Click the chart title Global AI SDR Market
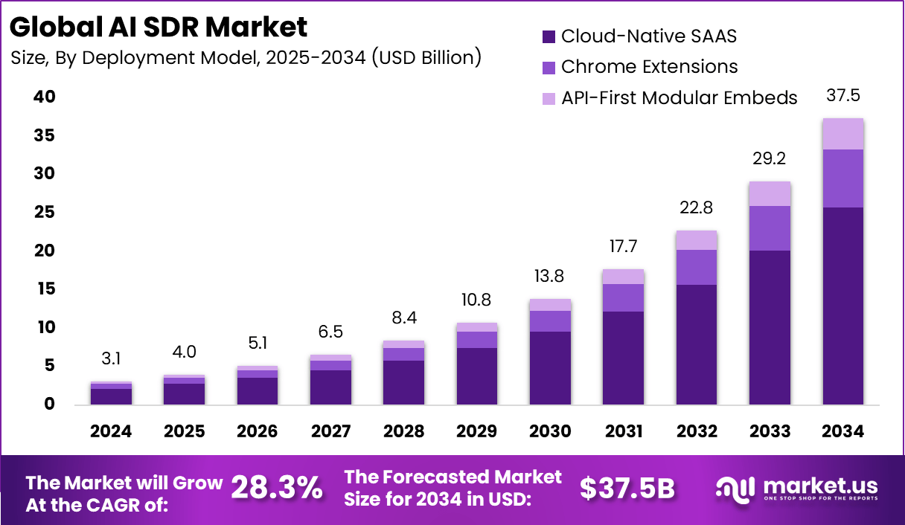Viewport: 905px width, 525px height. pyautogui.click(x=159, y=27)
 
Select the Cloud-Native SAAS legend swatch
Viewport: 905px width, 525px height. pyautogui.click(x=549, y=36)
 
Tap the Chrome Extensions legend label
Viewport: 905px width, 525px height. pyautogui.click(x=649, y=66)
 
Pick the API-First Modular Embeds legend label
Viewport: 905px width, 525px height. pyautogui.click(x=679, y=97)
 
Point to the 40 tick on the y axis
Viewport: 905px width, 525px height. pyautogui.click(x=44, y=97)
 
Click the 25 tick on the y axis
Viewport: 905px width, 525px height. pyautogui.click(x=44, y=212)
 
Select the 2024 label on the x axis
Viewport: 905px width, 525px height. pyautogui.click(x=112, y=431)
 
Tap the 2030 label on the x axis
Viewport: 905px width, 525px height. pyautogui.click(x=550, y=431)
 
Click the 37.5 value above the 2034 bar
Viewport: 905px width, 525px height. pyautogui.click(x=843, y=96)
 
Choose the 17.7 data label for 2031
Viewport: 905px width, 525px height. pyautogui.click(x=623, y=246)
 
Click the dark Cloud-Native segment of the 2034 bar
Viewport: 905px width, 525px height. pyautogui.click(x=843, y=305)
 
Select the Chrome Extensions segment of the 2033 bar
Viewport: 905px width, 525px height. pyautogui.click(x=770, y=228)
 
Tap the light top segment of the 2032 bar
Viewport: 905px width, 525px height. pyautogui.click(x=697, y=239)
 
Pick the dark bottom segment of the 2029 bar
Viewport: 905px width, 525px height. pyautogui.click(x=477, y=376)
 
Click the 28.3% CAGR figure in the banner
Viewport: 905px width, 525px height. pyautogui.click(x=277, y=488)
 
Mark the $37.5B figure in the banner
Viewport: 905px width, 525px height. pyautogui.click(x=627, y=488)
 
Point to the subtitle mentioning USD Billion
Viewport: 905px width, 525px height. pyautogui.click(x=246, y=57)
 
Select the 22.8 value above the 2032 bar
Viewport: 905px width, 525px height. pyautogui.click(x=697, y=207)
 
